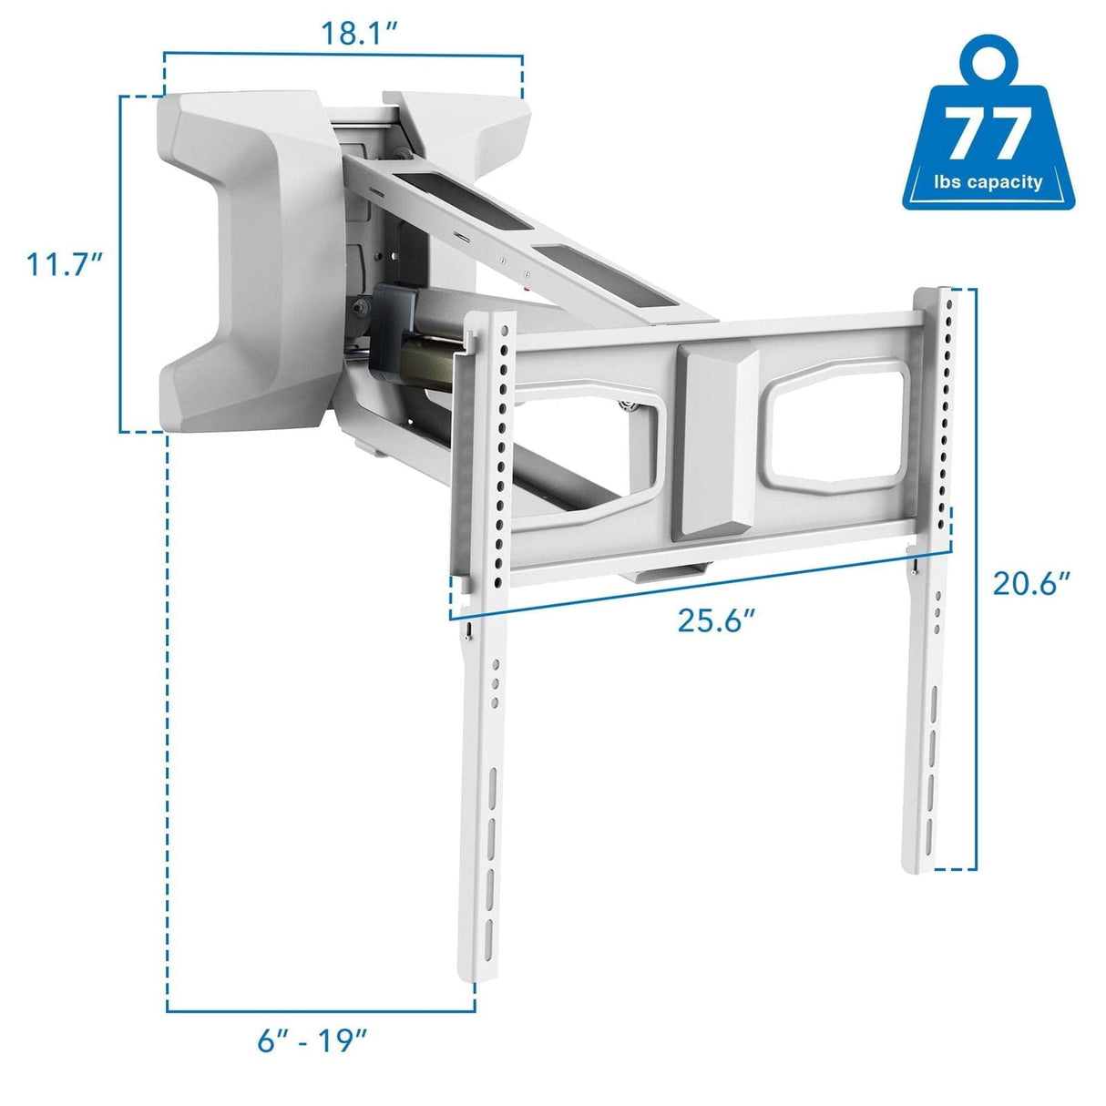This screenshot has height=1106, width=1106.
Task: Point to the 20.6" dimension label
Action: [x=1030, y=583]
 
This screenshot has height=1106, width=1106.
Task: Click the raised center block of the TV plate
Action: [x=715, y=441]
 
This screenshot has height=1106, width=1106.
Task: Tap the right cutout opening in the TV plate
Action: [x=838, y=425]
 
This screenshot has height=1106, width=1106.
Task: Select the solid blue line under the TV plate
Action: [x=701, y=588]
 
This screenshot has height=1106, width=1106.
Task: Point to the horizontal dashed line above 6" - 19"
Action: [x=319, y=1009]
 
